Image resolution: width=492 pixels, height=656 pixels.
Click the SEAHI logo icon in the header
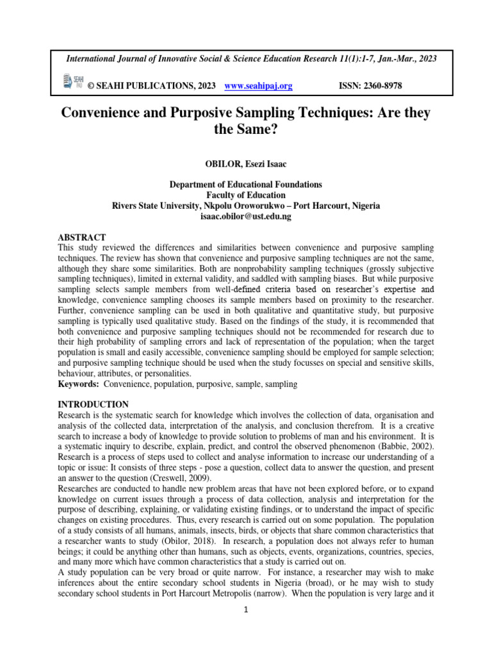(x=73, y=81)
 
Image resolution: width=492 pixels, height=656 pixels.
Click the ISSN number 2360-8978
(x=381, y=85)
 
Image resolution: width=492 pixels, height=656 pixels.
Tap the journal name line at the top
(x=252, y=58)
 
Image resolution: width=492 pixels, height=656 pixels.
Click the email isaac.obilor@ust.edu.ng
(x=245, y=217)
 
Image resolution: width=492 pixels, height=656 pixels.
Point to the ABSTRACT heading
(x=82, y=237)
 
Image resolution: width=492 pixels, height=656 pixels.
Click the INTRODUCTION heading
(x=94, y=404)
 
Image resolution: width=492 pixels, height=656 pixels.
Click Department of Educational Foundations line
(x=245, y=184)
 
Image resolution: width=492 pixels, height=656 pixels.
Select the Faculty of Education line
(x=245, y=195)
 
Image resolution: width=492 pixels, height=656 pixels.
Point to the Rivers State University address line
(x=245, y=206)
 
